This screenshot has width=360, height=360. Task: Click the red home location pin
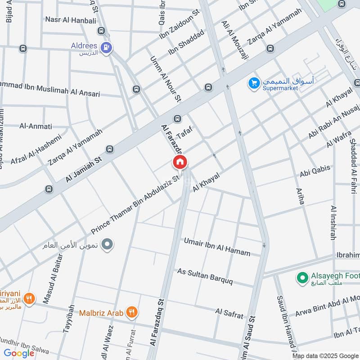click(180, 162)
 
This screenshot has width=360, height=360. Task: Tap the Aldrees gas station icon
click(107, 46)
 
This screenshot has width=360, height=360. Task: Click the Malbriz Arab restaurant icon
click(132, 312)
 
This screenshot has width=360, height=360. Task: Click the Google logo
click(19, 353)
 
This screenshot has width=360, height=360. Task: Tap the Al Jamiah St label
click(84, 167)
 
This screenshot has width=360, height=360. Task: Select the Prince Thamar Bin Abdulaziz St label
click(135, 204)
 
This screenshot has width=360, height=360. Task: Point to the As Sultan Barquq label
click(205, 275)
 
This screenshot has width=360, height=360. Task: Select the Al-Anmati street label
click(36, 126)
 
